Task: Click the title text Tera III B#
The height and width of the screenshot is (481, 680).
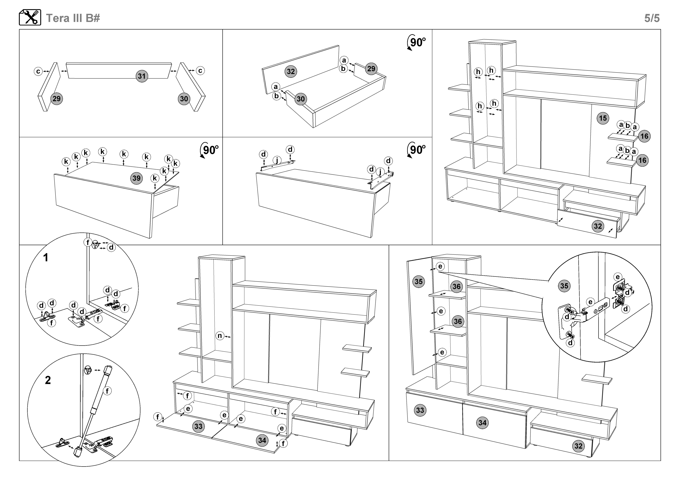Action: coord(73,18)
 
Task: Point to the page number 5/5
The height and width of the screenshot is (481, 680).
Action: coord(652,18)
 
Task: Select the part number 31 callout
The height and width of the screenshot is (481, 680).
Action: coord(142,76)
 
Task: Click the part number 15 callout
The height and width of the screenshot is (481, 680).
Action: coord(603,118)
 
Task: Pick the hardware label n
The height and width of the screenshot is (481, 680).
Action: coord(220,336)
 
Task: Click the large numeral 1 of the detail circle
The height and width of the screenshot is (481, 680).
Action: coord(46,257)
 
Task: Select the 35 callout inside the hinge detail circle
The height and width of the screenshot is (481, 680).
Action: coord(564,286)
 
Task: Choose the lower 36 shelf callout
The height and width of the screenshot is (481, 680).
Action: coord(458,321)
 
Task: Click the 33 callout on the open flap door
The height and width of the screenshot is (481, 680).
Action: coord(198,426)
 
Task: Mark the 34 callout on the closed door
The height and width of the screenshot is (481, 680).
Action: coord(482,423)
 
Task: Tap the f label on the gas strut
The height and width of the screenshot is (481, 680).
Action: coord(107,391)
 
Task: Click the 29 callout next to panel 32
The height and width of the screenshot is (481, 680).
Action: coord(371,69)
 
